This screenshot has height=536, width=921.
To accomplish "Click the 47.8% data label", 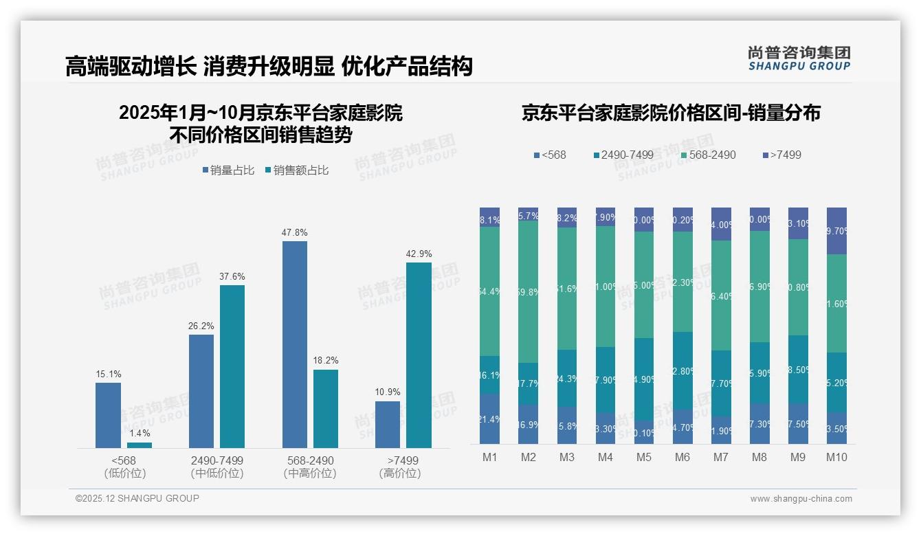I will [x=294, y=233].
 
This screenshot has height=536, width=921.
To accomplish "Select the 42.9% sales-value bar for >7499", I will [x=419, y=355].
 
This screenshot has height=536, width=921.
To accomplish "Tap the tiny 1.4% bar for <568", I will [x=140, y=445].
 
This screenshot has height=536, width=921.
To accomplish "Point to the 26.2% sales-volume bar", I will [x=201, y=391].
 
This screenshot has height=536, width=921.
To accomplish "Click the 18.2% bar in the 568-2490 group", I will [x=326, y=409].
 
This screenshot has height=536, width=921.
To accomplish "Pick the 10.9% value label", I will [x=388, y=392].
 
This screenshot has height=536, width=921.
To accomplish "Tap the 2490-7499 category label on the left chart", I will [x=217, y=460].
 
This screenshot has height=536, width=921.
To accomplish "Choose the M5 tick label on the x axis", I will [x=644, y=458].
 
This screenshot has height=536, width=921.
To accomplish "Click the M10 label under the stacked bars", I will [x=836, y=458].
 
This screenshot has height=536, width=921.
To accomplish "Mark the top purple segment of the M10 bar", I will [x=836, y=231].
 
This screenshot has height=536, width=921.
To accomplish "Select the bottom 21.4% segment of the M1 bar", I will [x=490, y=419].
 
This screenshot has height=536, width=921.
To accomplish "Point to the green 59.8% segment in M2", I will [x=529, y=291].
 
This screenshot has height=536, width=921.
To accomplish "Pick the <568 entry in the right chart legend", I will [x=550, y=155].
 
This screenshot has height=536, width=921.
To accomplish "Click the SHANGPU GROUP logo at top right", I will [x=799, y=58].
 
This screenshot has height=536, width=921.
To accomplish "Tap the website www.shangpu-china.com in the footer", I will [x=801, y=499].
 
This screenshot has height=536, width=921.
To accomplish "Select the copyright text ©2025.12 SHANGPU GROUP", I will [x=137, y=499].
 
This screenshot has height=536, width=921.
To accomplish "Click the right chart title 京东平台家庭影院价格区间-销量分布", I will [x=671, y=113].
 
